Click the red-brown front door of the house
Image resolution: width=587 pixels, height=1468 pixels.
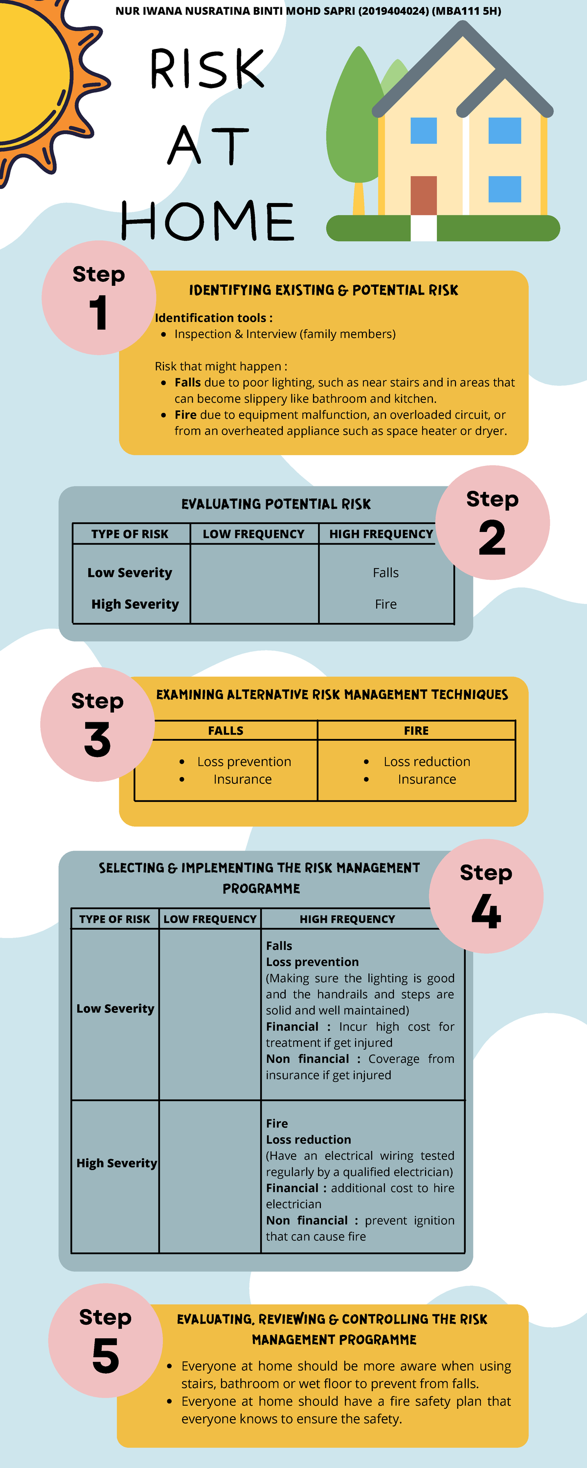click(424, 195)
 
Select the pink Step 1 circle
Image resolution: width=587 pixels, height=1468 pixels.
click(99, 298)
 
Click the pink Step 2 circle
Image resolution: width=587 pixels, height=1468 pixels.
click(493, 523)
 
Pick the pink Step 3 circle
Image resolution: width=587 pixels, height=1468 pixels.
click(97, 724)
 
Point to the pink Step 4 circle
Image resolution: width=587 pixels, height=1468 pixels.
click(486, 896)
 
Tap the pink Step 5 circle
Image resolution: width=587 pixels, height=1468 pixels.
click(106, 1340)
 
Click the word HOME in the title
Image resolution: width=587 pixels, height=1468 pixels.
click(208, 221)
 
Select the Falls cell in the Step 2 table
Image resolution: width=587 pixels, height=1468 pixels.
click(386, 573)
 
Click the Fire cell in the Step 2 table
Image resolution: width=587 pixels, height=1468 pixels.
click(386, 604)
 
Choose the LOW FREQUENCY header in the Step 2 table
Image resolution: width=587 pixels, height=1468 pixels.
click(253, 534)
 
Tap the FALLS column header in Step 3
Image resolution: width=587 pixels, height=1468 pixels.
click(226, 731)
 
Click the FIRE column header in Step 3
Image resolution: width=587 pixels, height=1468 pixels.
click(416, 731)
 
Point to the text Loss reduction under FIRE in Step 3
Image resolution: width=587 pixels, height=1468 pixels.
click(427, 761)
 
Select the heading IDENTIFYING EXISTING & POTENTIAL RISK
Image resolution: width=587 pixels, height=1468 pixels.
click(324, 290)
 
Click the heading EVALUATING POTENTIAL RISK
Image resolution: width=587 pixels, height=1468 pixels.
click(276, 504)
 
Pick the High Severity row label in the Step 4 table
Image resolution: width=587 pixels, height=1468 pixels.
click(117, 1163)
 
